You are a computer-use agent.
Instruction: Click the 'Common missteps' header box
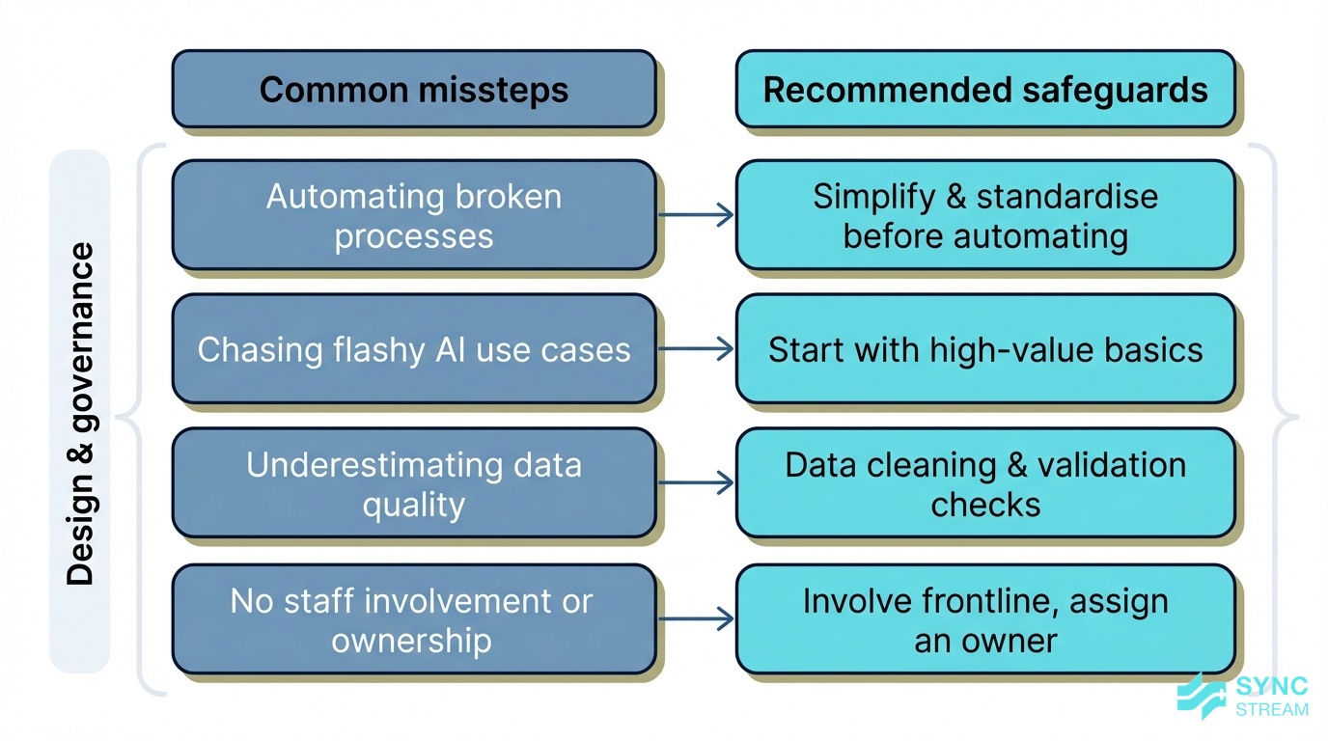coord(414,90)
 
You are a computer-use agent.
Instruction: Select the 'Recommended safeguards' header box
coord(985,90)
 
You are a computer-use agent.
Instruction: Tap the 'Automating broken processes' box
coord(414,215)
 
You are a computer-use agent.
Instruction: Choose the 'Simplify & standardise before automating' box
coord(985,215)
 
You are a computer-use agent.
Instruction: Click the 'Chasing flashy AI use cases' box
coord(414,349)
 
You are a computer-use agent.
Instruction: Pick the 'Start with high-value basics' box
coord(985,349)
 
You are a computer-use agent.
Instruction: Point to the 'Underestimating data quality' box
coord(414,483)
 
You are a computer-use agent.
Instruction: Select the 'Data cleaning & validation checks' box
coord(985,483)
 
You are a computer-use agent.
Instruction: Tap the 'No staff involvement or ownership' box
coord(414,619)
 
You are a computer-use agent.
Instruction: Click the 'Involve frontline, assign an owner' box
coord(985,619)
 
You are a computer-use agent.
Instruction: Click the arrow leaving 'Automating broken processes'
coord(696,215)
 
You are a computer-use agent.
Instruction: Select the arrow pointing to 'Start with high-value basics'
coord(696,349)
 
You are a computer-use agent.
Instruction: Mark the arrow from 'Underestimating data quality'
coord(696,483)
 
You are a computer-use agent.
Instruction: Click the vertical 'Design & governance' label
coord(81,414)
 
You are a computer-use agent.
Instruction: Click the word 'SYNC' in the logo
coord(1272,687)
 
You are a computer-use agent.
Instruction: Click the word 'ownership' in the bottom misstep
coord(412,641)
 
